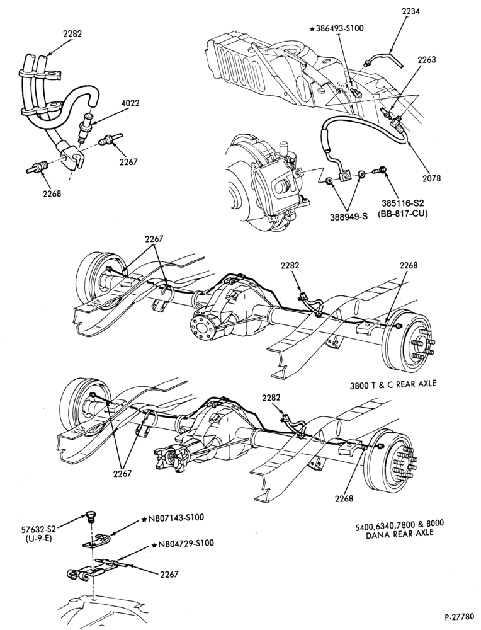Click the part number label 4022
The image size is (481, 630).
(129, 103)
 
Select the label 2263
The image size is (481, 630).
(426, 59)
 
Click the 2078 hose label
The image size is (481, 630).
(430, 178)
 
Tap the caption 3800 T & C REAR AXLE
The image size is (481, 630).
(392, 384)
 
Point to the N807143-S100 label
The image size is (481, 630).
(175, 518)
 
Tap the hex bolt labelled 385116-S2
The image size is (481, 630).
(381, 170)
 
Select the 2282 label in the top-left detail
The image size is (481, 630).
(72, 34)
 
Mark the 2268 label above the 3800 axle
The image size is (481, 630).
(409, 265)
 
